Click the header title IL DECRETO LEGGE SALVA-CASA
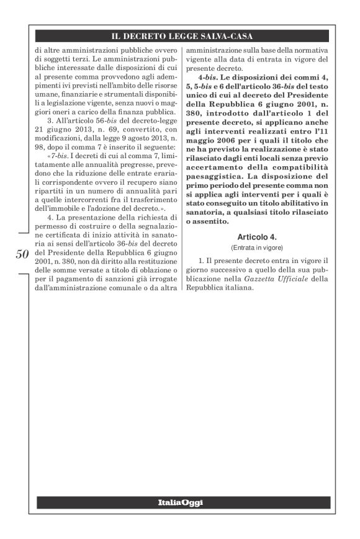tap(180, 37)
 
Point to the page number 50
tap(20, 256)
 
